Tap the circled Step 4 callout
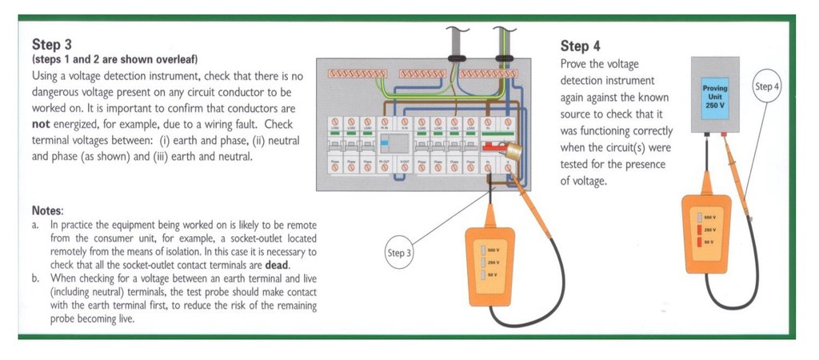766,86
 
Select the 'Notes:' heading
48,210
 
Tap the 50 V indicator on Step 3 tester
487,274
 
